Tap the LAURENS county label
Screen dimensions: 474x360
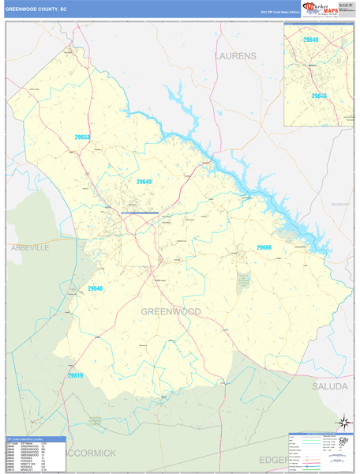[235, 56]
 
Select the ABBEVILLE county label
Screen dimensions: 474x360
[29, 247]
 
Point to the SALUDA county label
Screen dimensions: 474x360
[329, 365]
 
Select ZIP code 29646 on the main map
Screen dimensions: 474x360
[95, 289]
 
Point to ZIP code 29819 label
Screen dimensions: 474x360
[75, 353]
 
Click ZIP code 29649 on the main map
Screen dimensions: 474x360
[144, 182]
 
